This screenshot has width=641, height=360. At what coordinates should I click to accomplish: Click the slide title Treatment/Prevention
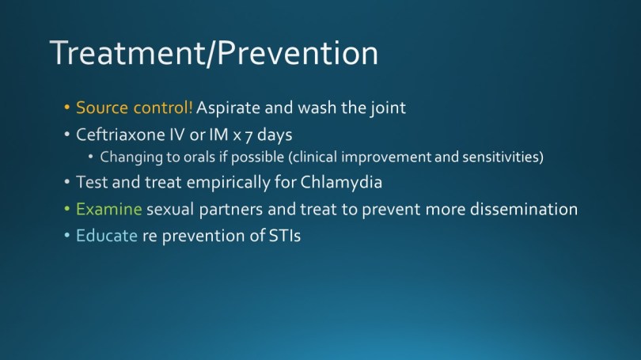coord(214,53)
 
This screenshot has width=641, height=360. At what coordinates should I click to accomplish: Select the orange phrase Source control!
coord(134,108)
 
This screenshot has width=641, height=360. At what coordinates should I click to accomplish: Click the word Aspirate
coord(228,108)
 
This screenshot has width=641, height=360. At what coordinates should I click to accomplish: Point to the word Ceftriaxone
coord(121,135)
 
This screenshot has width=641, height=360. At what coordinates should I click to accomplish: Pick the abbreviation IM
coord(218,135)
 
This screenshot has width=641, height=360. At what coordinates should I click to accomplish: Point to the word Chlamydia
coord(341,183)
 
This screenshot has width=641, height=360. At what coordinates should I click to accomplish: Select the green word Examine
coord(108,209)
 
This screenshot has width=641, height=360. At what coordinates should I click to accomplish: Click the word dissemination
coord(524,209)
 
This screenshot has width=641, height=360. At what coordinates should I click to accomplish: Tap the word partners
coord(231,210)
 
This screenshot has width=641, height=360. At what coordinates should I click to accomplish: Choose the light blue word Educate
coord(107,236)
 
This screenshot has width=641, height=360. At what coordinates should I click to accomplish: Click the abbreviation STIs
coord(285,236)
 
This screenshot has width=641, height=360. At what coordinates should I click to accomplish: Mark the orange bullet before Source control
coord(67,108)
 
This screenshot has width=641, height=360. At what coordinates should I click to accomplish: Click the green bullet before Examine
coord(67,209)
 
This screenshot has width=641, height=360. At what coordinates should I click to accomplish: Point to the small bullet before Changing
coord(91,157)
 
